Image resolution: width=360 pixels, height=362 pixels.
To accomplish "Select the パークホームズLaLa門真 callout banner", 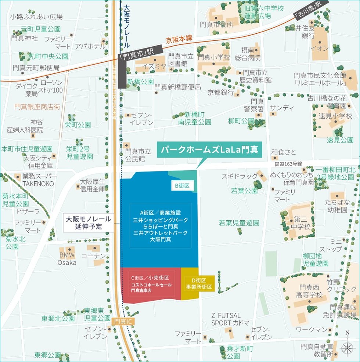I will click(209, 150).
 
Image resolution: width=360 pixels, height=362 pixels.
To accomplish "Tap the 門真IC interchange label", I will click(123, 321).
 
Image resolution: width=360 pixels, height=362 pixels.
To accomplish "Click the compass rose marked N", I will click(347, 347).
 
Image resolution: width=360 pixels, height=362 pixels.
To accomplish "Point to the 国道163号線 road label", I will click(288, 164).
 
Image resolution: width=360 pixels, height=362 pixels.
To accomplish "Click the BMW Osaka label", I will click(67, 259).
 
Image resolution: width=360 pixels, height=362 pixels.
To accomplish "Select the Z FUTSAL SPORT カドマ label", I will click(226, 319).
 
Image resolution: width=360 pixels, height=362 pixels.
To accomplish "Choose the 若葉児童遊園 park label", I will click(239, 222).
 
